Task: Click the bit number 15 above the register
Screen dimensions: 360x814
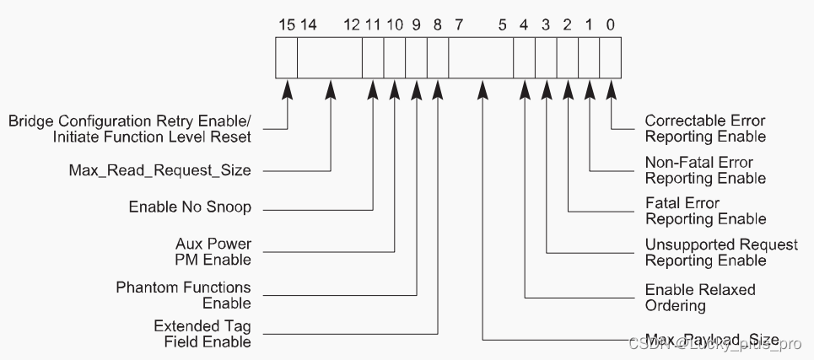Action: [x=287, y=25]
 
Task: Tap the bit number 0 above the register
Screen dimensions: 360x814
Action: [x=610, y=25]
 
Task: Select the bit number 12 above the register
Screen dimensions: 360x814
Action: [x=352, y=25]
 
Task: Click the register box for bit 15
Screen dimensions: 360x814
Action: [x=287, y=58]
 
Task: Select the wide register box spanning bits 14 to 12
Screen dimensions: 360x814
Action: [x=330, y=58]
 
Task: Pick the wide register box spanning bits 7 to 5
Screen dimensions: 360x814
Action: [x=481, y=58]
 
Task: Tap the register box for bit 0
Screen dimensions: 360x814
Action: [x=610, y=58]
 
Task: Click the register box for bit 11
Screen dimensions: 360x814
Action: [x=373, y=58]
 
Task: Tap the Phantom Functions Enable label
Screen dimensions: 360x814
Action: [x=183, y=295]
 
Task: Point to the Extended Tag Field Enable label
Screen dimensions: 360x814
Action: [x=202, y=334]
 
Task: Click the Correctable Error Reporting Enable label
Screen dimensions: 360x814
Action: [x=705, y=128]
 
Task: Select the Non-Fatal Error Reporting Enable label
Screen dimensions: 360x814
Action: [x=705, y=170]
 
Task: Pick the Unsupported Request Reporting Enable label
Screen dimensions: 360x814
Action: [x=721, y=252]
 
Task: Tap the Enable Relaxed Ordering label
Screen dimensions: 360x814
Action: [x=700, y=297]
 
